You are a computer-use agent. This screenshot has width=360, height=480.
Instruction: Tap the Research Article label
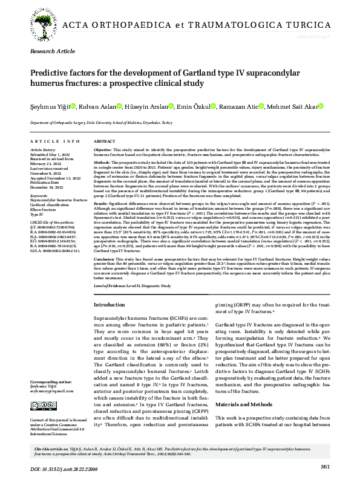(x=51, y=53)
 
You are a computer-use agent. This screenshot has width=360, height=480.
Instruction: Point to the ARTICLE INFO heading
(x=55, y=141)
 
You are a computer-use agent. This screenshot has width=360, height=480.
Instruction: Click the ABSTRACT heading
(x=105, y=141)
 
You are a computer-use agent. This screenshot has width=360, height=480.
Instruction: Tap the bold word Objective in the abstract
(x=103, y=149)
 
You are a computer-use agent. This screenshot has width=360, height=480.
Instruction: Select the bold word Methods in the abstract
(x=102, y=163)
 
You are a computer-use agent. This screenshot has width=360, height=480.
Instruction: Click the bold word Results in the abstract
(x=102, y=205)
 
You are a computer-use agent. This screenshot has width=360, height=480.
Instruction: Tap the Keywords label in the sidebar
(x=39, y=196)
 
